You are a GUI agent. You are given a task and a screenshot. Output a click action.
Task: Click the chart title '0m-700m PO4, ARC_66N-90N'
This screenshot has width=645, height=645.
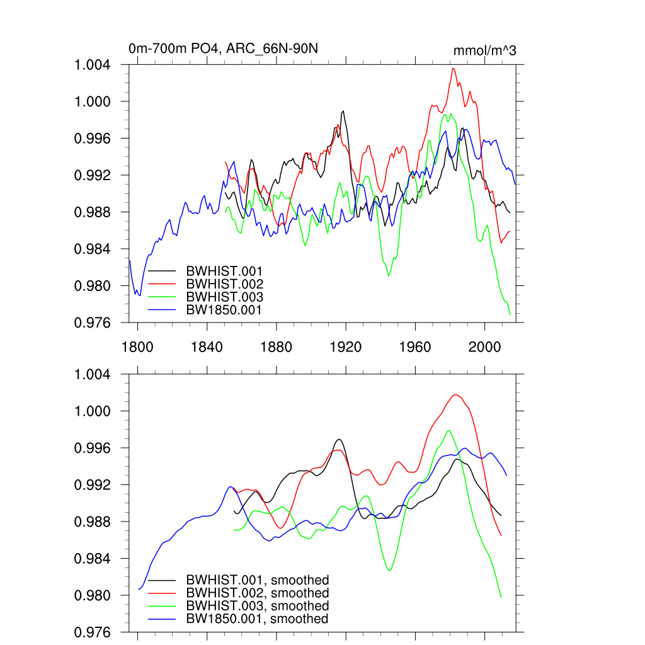point(227,49)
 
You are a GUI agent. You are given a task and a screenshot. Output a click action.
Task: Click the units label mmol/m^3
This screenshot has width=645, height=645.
point(484,50)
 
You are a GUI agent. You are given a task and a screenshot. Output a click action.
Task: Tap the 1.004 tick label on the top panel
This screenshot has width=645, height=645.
point(93,65)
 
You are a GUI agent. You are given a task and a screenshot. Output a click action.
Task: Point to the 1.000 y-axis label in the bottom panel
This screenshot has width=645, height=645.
point(93,411)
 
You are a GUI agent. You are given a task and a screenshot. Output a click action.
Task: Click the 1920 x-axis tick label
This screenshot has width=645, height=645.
point(346,346)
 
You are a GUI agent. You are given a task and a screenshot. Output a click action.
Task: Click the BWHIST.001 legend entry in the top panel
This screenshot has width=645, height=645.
point(224,271)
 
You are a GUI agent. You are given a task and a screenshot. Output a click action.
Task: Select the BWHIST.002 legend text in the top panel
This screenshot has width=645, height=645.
point(224,284)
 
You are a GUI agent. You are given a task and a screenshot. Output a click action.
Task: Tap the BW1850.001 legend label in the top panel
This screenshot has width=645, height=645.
point(224,309)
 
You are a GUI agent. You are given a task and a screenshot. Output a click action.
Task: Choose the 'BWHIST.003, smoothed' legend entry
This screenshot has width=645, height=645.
point(257,606)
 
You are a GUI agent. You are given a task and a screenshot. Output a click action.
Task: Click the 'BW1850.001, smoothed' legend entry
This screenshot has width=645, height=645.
point(257,619)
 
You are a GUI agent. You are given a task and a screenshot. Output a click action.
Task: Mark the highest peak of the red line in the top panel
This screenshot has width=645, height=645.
point(453,68)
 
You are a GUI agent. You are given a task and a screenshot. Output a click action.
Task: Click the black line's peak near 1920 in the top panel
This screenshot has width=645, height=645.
point(343,111)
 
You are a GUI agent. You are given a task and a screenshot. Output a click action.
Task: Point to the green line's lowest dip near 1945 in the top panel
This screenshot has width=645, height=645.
point(389,276)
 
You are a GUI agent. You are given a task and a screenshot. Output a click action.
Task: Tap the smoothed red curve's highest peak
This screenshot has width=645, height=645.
point(455,395)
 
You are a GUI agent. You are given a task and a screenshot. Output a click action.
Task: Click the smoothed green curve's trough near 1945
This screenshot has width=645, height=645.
point(389,571)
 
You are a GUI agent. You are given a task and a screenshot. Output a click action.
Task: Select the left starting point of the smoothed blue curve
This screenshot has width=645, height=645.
point(139,589)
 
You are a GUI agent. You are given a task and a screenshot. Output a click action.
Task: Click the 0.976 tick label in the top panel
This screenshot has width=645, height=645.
point(93,322)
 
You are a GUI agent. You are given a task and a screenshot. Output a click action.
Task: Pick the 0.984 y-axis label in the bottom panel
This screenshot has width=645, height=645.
point(93,559)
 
